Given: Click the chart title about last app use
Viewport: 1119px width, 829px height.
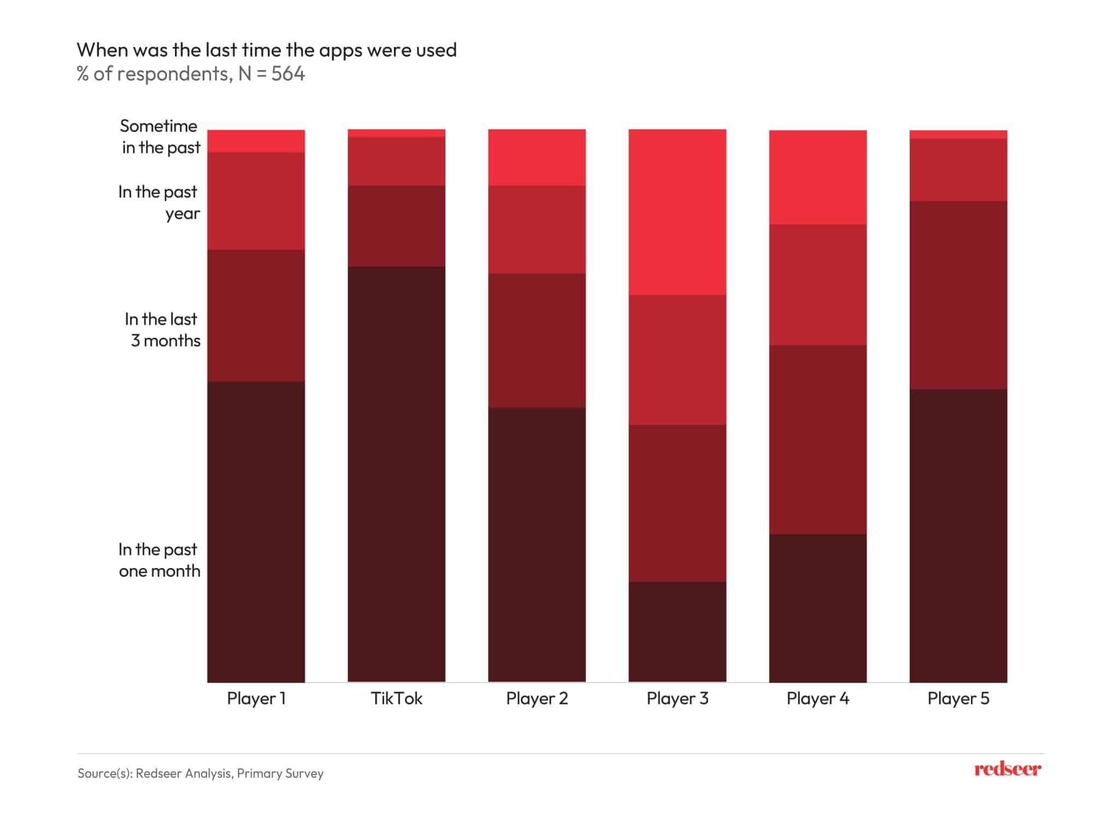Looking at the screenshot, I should click(267, 50).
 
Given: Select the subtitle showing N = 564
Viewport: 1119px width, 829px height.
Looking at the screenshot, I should click(191, 74).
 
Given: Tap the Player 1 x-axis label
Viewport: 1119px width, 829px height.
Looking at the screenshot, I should click(256, 698).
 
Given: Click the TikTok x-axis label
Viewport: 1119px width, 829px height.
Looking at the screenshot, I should click(397, 698).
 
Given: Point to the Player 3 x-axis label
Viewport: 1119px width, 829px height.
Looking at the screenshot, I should click(678, 698).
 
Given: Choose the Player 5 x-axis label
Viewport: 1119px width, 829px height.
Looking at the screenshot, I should click(958, 698).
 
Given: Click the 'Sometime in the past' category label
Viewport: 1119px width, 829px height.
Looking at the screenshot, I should click(160, 137).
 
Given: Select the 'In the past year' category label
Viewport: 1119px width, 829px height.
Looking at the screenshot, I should click(158, 203).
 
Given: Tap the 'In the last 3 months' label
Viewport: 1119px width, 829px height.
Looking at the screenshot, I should click(162, 330).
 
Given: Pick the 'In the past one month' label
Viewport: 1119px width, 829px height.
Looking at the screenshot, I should click(159, 560).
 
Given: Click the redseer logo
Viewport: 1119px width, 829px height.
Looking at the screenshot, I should click(1008, 769).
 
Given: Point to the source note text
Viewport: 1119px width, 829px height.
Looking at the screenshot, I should click(201, 773).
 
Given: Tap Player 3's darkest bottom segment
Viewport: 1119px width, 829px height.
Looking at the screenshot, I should click(678, 632).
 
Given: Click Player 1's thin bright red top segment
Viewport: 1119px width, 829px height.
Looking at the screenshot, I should click(256, 141).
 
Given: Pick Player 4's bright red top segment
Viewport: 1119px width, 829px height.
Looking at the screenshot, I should click(818, 177).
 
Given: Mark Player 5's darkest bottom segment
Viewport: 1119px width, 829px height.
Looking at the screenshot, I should click(958, 535).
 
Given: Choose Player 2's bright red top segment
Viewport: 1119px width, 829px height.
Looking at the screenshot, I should click(537, 157).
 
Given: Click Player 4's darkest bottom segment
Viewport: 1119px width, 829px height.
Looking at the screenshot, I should click(818, 608).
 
